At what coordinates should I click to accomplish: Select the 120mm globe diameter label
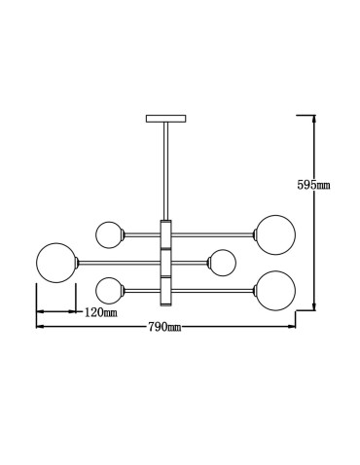click(x=100, y=313)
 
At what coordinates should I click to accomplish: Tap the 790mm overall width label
click(x=164, y=327)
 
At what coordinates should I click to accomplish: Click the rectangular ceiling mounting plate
click(x=164, y=120)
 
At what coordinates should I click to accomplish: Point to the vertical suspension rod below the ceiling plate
click(x=164, y=170)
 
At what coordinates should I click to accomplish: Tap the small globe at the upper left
click(x=109, y=233)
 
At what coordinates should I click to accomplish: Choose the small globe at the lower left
click(x=109, y=289)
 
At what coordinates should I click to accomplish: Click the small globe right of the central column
click(x=223, y=262)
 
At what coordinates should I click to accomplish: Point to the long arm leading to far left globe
click(x=117, y=261)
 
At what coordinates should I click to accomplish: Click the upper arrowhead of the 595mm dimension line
click(x=314, y=119)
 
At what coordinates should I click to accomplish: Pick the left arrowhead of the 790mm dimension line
click(x=39, y=326)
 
